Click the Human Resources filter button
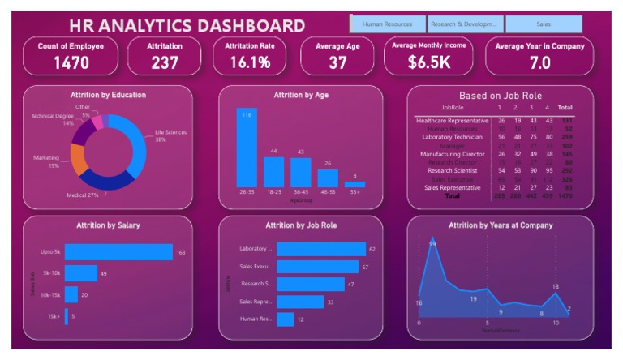[x=387, y=24]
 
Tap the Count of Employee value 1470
[x=71, y=62]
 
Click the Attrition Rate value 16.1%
[x=250, y=62]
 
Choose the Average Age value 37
[x=337, y=62]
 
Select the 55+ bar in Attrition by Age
[x=354, y=184]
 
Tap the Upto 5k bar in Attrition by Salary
[x=118, y=252]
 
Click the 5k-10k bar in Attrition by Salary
[x=81, y=273]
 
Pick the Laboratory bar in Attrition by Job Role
[x=321, y=249]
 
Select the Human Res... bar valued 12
[x=285, y=319]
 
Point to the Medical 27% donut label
[x=82, y=195]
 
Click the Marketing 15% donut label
[x=46, y=161]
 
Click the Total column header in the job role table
[x=565, y=108]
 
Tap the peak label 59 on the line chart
[x=432, y=244]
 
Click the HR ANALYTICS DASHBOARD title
[x=187, y=26]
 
